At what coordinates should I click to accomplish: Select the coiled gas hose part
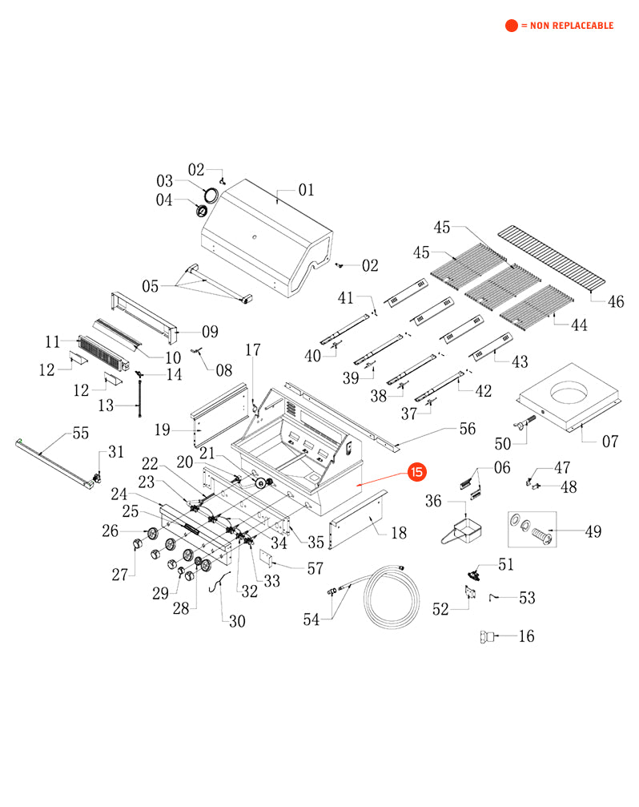click(392, 596)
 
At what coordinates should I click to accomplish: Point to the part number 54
click(312, 619)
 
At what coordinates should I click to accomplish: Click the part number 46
click(616, 302)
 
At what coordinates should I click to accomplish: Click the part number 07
click(610, 441)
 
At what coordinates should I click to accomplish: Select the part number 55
click(80, 434)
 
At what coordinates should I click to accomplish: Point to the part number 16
click(526, 636)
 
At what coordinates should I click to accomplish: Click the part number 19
click(163, 430)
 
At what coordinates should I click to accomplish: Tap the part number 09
click(210, 331)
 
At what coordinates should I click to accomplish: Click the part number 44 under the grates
click(578, 325)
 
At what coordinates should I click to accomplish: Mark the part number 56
click(466, 429)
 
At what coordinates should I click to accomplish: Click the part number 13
click(106, 406)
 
